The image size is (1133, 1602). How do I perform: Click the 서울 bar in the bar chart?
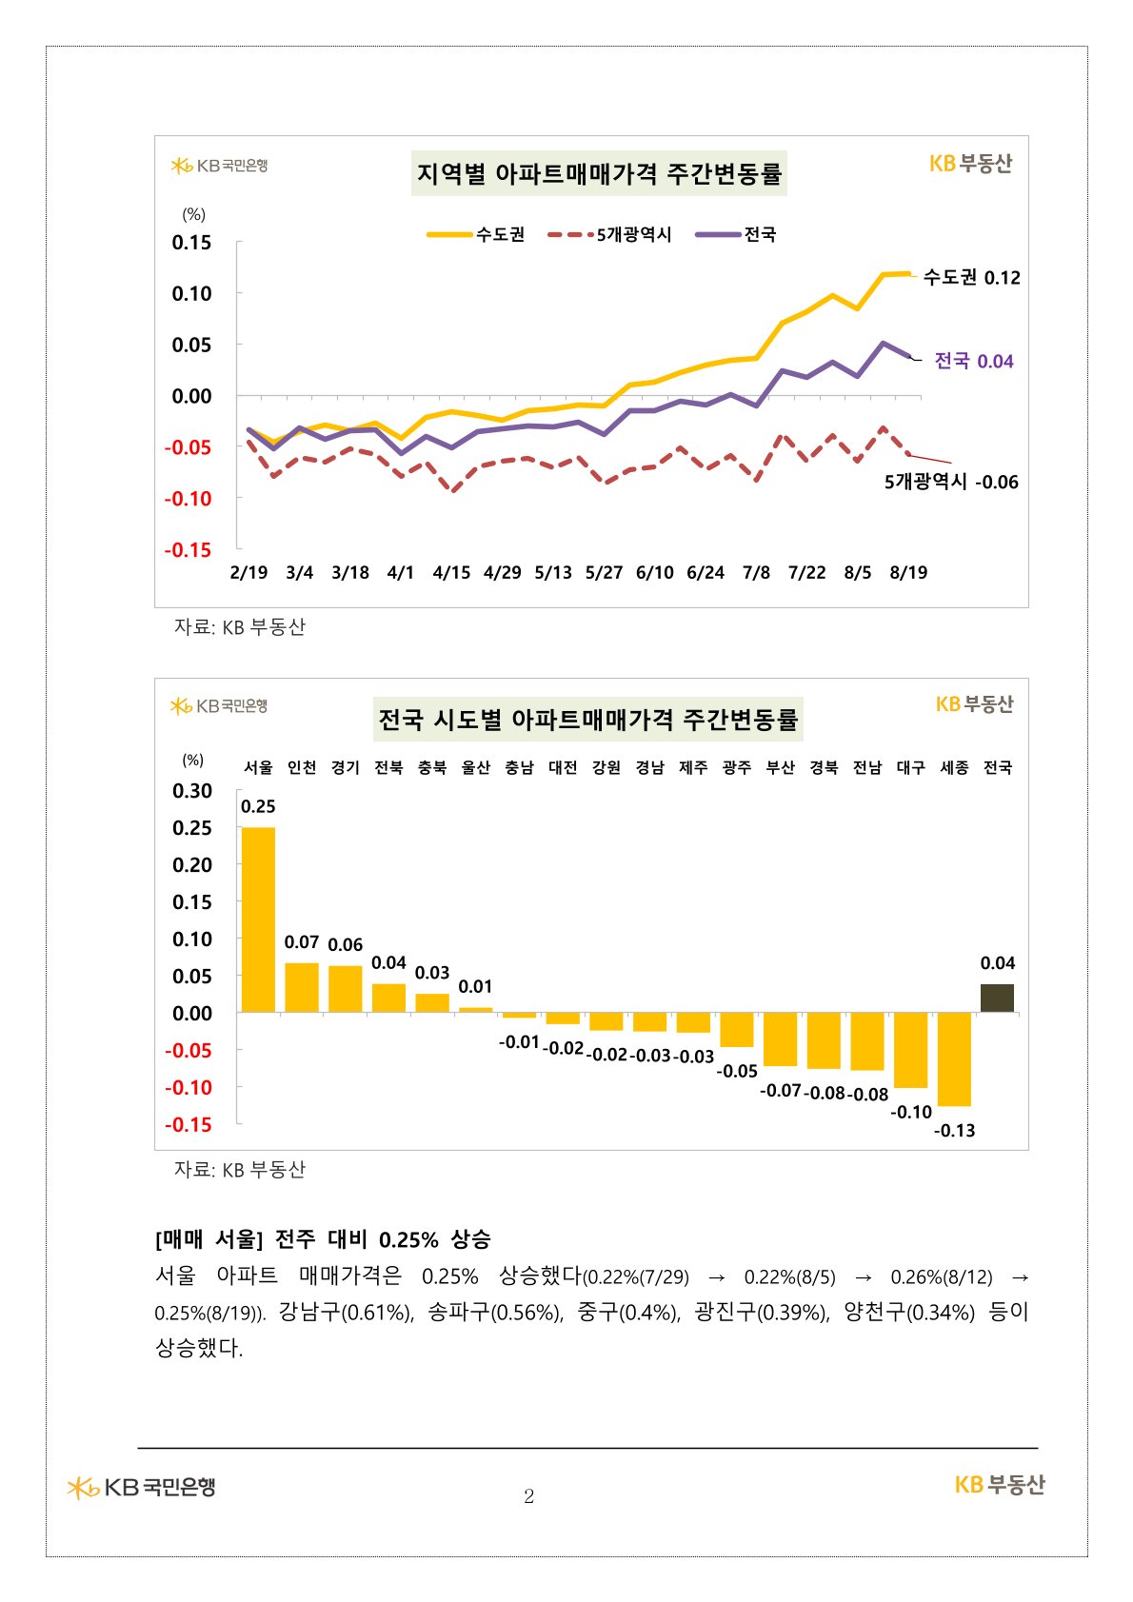click(x=258, y=919)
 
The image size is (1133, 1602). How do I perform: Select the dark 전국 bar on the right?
click(x=997, y=998)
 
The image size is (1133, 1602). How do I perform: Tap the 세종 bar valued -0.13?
click(x=953, y=1058)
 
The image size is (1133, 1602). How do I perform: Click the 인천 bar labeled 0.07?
click(x=301, y=987)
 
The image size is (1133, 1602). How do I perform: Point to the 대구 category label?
click(x=910, y=766)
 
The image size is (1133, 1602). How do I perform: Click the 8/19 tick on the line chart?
click(x=908, y=572)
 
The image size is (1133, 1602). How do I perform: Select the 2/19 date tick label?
click(x=248, y=572)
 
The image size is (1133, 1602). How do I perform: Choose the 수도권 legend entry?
click(x=476, y=234)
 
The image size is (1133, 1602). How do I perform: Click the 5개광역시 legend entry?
click(x=609, y=234)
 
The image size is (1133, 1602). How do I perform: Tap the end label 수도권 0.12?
click(x=971, y=277)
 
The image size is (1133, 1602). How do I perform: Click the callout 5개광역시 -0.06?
click(x=951, y=482)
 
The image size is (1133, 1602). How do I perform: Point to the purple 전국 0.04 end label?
click(x=973, y=361)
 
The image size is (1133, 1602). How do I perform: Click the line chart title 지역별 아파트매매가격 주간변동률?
click(x=599, y=173)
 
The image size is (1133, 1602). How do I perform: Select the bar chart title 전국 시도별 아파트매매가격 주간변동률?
click(x=587, y=719)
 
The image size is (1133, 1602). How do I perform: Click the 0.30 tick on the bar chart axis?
click(x=191, y=790)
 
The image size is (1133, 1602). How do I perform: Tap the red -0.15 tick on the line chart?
click(x=188, y=549)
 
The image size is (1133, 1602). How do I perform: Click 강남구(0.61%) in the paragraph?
click(x=346, y=1313)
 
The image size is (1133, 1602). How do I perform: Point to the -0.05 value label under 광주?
click(x=737, y=1071)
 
